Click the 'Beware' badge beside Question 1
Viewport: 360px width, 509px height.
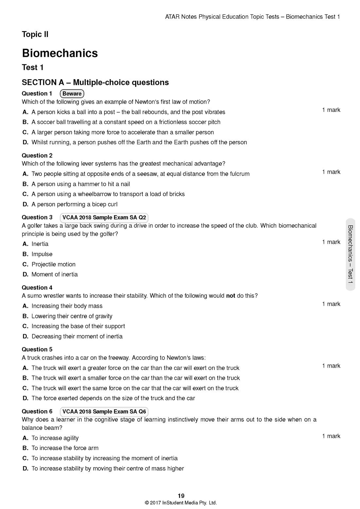click(x=72, y=94)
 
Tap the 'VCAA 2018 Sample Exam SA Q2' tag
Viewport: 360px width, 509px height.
click(x=104, y=218)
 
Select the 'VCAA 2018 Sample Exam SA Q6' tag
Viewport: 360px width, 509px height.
click(x=104, y=412)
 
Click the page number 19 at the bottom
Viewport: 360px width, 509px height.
click(x=181, y=496)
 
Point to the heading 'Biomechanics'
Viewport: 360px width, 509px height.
click(x=60, y=53)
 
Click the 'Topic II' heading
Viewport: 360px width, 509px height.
click(x=35, y=34)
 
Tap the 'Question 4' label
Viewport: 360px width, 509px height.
click(x=37, y=288)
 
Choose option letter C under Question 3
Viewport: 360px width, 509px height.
click(x=25, y=264)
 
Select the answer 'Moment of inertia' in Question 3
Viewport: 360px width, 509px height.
click(x=55, y=274)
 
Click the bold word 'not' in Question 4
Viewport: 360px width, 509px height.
click(x=230, y=296)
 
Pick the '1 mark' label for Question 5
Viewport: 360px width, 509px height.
click(x=331, y=366)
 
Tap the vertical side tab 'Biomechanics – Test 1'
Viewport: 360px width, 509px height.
click(x=350, y=254)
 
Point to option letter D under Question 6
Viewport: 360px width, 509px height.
click(x=25, y=468)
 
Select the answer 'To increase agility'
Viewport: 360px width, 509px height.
click(x=55, y=438)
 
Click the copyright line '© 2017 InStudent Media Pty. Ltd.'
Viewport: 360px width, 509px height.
click(x=181, y=503)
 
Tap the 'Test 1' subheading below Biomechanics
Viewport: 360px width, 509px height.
click(x=33, y=67)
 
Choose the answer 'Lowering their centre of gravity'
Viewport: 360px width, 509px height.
click(x=72, y=316)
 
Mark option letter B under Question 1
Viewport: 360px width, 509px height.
click(x=25, y=122)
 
